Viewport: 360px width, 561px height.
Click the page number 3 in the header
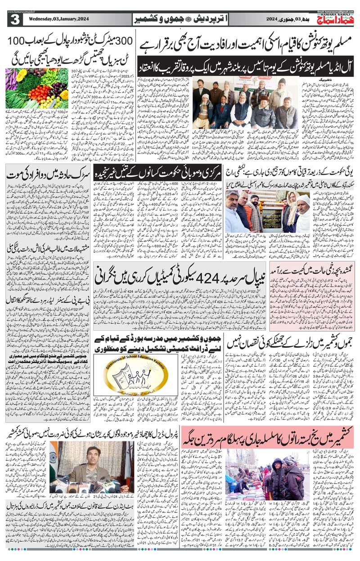pyautogui.click(x=15, y=20)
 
